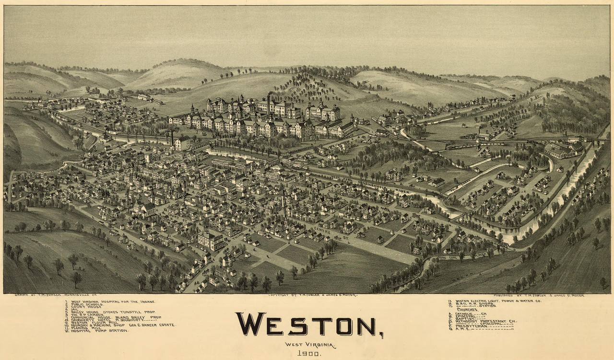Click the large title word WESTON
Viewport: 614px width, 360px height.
(307, 325)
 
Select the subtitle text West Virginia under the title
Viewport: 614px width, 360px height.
(310, 345)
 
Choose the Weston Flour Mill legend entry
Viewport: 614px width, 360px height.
(94, 322)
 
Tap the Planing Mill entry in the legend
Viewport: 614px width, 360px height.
(86, 327)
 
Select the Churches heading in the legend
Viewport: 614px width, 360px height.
(468, 310)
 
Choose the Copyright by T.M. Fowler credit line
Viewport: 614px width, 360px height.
(312, 295)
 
